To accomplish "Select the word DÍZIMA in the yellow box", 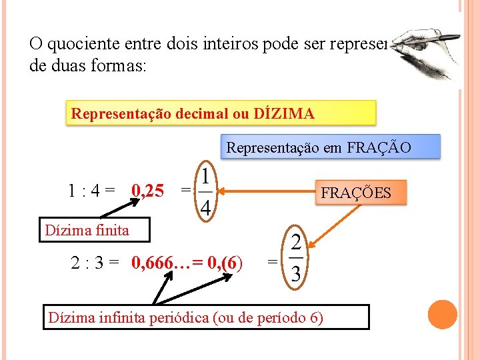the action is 285,114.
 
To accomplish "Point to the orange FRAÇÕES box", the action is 355,193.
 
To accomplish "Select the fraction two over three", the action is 296,261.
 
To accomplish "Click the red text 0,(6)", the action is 225,262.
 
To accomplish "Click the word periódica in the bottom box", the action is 177,317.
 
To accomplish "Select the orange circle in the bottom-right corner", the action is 442,315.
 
